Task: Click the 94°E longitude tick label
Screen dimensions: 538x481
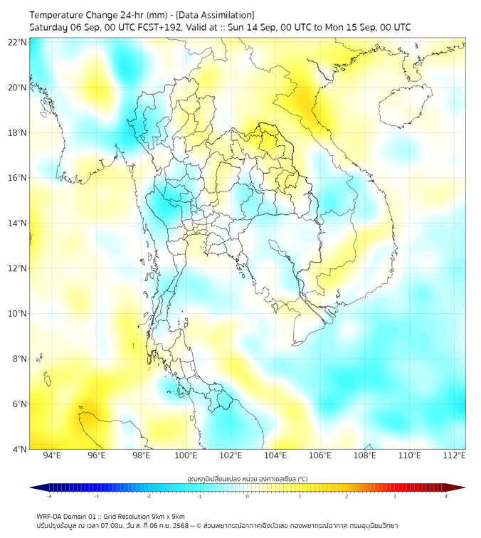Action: click(x=52, y=455)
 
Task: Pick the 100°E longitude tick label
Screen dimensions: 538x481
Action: click(x=186, y=455)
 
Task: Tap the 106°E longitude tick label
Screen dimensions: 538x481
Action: click(x=320, y=455)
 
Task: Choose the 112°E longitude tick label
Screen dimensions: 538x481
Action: click(x=454, y=455)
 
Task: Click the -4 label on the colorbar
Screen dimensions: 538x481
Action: click(x=48, y=496)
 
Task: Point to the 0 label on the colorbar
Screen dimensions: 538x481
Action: click(x=248, y=496)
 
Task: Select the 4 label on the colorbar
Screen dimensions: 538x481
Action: click(x=446, y=496)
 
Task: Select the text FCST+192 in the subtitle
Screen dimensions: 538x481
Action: click(x=148, y=27)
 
